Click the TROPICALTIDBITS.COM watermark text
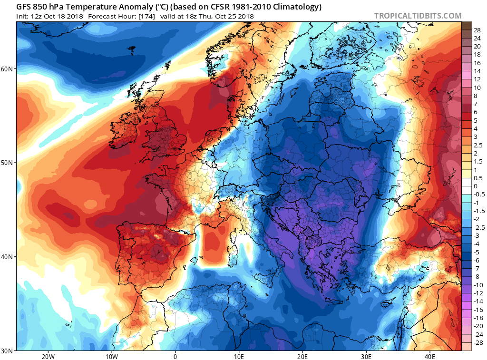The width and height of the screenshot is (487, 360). point(418,16)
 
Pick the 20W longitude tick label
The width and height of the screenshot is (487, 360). point(48,356)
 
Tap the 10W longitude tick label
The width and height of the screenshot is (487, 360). point(111,356)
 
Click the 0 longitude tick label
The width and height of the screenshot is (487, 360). point(175,356)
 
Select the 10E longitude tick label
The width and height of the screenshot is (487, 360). point(239,356)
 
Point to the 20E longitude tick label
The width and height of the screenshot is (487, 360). point(303,356)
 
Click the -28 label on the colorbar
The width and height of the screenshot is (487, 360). point(477,342)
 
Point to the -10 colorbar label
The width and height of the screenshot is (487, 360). point(477,284)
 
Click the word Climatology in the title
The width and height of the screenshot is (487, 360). point(295,7)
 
